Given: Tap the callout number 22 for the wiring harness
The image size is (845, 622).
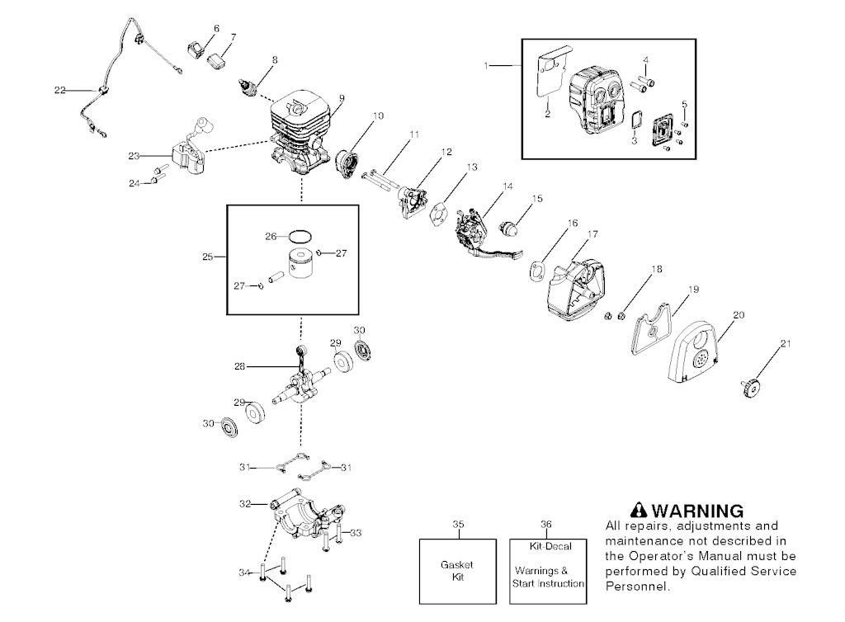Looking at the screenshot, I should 59,90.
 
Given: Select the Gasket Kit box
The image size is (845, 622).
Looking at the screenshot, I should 458,571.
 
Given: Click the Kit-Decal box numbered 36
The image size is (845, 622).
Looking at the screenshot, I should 547,571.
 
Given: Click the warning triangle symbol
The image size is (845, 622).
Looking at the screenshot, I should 637,511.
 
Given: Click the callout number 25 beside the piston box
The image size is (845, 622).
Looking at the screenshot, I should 208,257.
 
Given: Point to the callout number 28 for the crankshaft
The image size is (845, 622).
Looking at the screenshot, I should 239,365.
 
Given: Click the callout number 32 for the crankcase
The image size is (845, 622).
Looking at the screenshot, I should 244,502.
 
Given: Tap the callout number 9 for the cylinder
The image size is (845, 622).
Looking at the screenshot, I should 341,97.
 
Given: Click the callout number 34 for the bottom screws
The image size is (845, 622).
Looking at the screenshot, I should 243,572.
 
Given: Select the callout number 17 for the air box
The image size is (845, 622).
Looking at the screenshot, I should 592,234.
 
